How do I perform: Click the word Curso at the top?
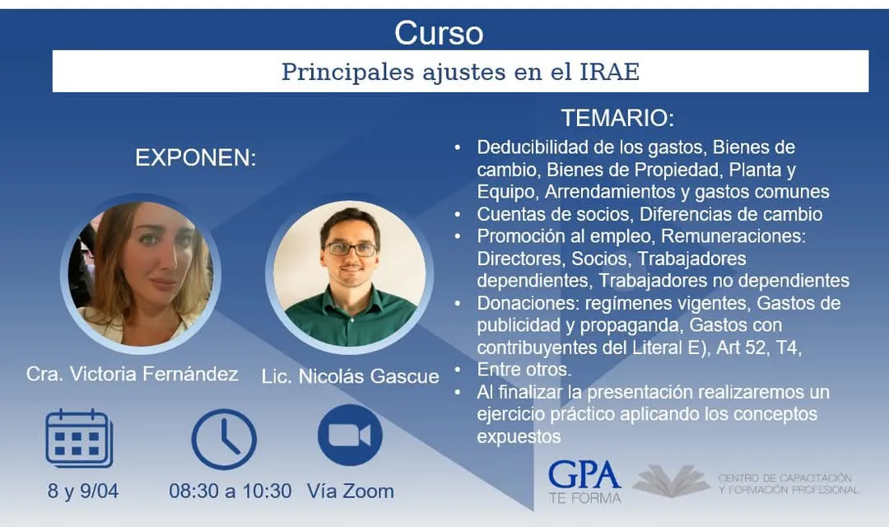[x=439, y=33]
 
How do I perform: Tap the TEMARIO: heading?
[x=617, y=118]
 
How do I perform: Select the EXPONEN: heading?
[x=196, y=158]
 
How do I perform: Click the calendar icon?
[x=79, y=438]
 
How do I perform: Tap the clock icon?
[x=224, y=439]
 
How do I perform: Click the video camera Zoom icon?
[x=350, y=435]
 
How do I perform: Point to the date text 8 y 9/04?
[x=83, y=491]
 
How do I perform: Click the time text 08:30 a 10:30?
[x=230, y=491]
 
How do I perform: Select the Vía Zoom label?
[x=351, y=491]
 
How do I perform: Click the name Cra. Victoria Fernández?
[x=132, y=374]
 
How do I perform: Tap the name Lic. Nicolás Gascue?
[x=351, y=376]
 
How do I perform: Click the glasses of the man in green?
[x=351, y=249]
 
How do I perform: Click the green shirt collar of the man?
[x=350, y=300]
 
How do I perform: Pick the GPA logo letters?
[x=584, y=475]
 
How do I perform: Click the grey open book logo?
[x=672, y=481]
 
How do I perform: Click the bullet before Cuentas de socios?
[x=458, y=214]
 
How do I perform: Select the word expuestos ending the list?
[x=519, y=436]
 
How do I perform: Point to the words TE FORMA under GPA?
[x=584, y=498]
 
